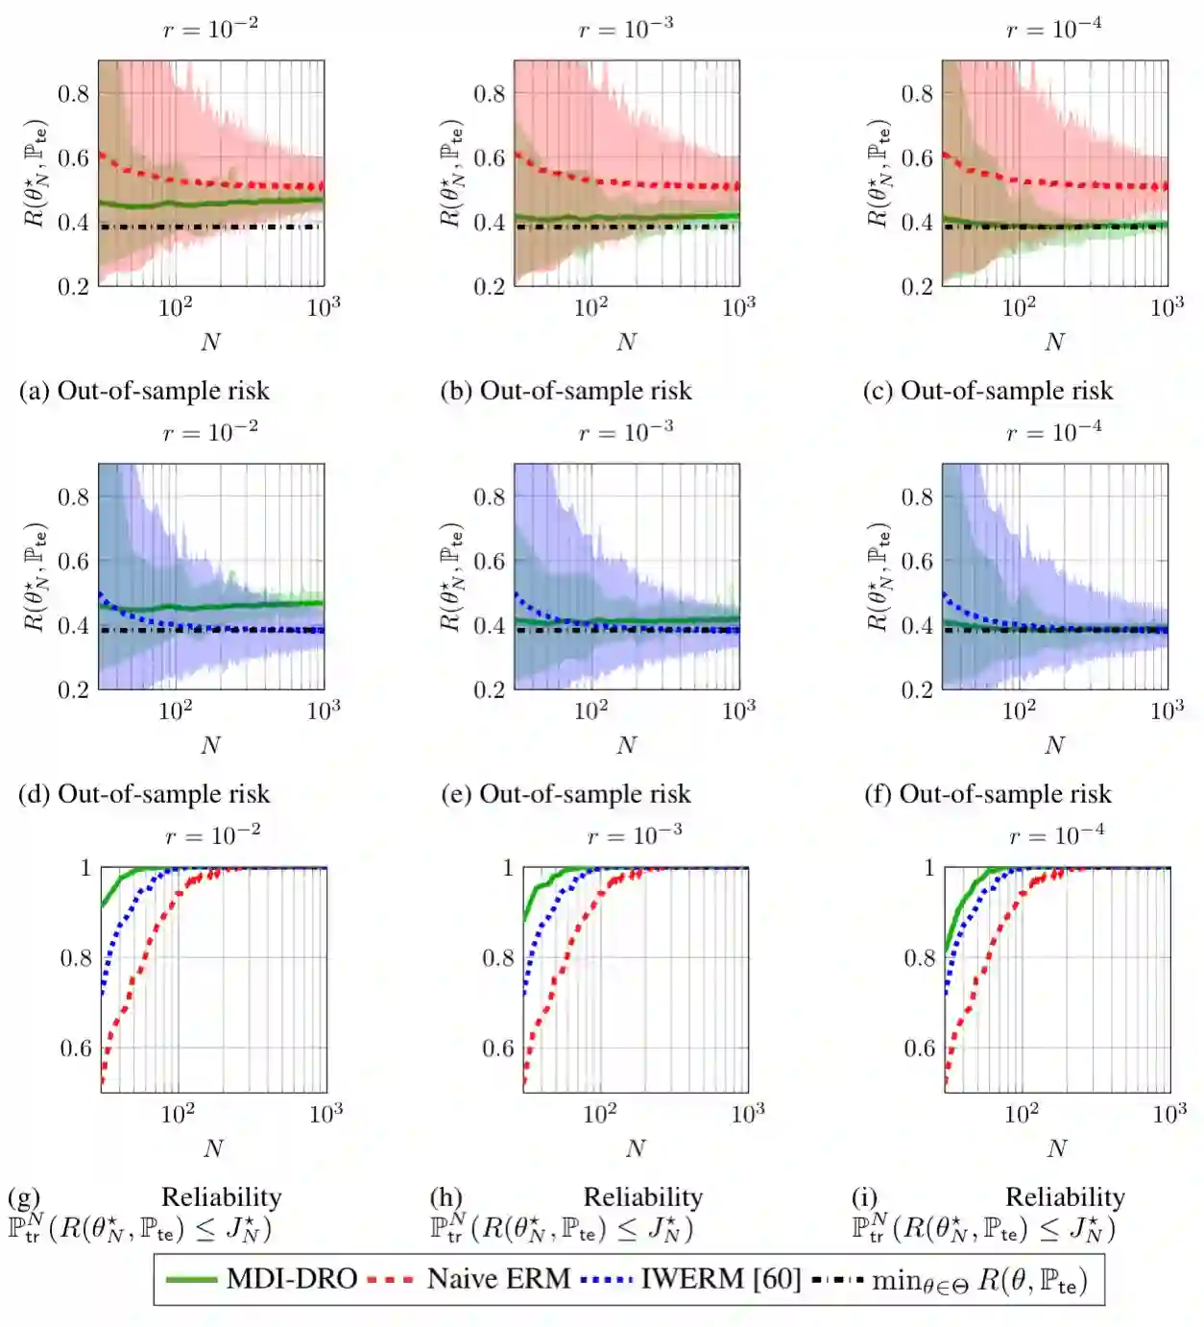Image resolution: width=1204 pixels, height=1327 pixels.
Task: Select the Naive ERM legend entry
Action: pyautogui.click(x=470, y=1279)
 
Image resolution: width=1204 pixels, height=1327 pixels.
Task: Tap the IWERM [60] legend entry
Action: pyautogui.click(x=691, y=1279)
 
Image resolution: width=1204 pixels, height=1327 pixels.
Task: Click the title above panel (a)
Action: pyautogui.click(x=210, y=29)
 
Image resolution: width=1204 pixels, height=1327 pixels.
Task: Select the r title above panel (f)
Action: pyautogui.click(x=1054, y=432)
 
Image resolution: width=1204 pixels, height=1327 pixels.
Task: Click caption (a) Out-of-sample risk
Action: pyautogui.click(x=144, y=391)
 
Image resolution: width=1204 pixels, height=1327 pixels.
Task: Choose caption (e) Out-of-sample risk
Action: pyautogui.click(x=566, y=794)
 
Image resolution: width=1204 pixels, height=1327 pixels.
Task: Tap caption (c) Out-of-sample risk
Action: pyautogui.click(x=988, y=391)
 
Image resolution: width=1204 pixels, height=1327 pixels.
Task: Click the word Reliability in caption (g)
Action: pyautogui.click(x=221, y=1196)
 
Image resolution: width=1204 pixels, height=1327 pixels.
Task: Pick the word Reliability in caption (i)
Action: pyautogui.click(x=1065, y=1196)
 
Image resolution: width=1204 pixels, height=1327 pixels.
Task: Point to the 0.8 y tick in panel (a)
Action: pyautogui.click(x=73, y=93)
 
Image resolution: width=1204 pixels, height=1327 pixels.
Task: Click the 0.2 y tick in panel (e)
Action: pyautogui.click(x=489, y=689)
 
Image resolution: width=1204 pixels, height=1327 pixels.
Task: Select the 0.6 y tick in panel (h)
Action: pyautogui.click(x=497, y=1048)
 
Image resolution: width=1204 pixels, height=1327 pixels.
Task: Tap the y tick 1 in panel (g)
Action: pyautogui.click(x=85, y=868)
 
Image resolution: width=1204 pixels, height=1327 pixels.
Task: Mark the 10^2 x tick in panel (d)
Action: pyautogui.click(x=175, y=711)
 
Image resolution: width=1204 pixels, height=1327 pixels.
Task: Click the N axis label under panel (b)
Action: pyautogui.click(x=626, y=342)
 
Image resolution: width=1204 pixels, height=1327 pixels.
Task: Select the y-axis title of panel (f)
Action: pyautogui.click(x=878, y=576)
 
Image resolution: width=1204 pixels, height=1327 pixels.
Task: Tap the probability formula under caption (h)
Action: pyautogui.click(x=562, y=1228)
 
